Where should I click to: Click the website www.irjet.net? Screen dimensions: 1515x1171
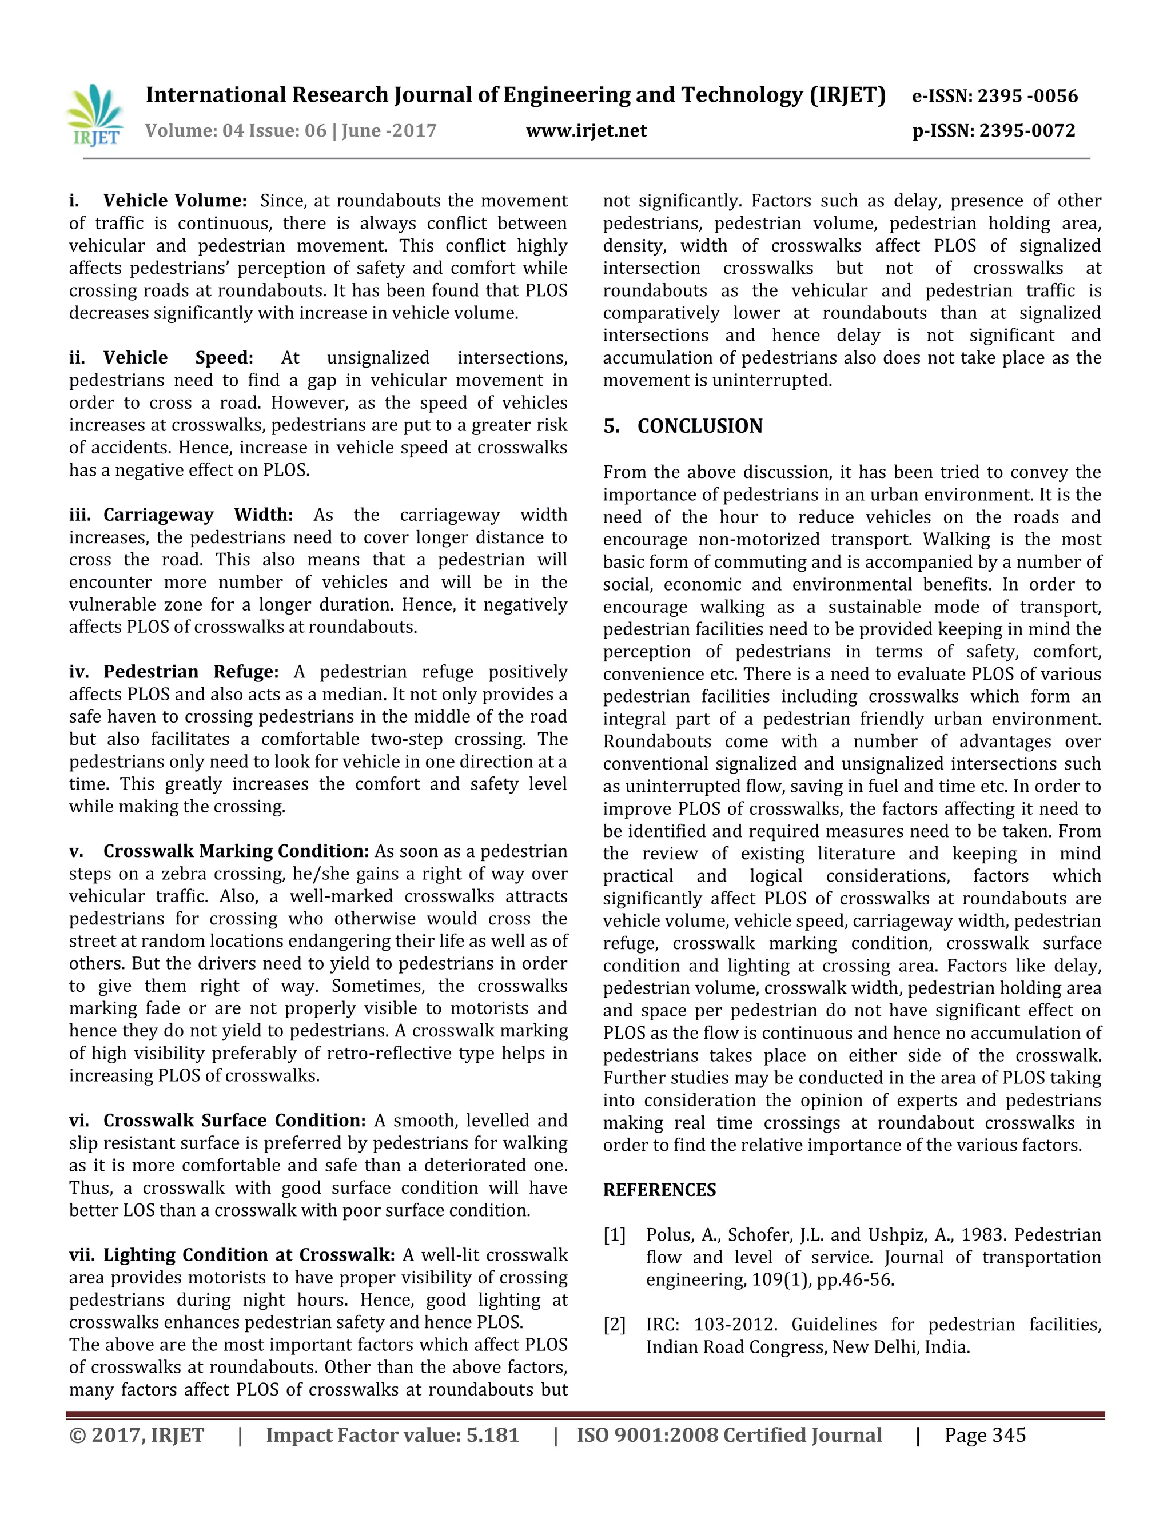(586, 131)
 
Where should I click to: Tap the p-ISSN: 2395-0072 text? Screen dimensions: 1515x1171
(993, 131)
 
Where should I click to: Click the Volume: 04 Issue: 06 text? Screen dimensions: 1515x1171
(235, 131)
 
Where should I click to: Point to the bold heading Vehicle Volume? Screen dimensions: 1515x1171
(175, 201)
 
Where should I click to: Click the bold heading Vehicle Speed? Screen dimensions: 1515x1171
(178, 358)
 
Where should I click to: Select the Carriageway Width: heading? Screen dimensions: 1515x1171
(198, 515)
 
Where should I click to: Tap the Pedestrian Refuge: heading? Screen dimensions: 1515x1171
(191, 672)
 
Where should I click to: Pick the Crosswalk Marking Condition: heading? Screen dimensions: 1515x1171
(236, 851)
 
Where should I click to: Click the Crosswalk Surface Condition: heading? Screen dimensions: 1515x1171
(234, 1121)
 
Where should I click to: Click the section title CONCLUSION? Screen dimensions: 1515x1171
(699, 426)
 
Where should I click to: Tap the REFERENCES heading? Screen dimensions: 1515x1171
(659, 1190)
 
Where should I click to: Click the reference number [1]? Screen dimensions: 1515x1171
(614, 1235)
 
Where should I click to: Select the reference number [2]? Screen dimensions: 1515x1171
(614, 1325)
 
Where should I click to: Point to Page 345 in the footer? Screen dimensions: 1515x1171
(985, 1435)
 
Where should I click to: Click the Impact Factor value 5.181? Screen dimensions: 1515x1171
(492, 1435)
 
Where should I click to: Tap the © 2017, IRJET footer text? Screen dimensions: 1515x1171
(137, 1435)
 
